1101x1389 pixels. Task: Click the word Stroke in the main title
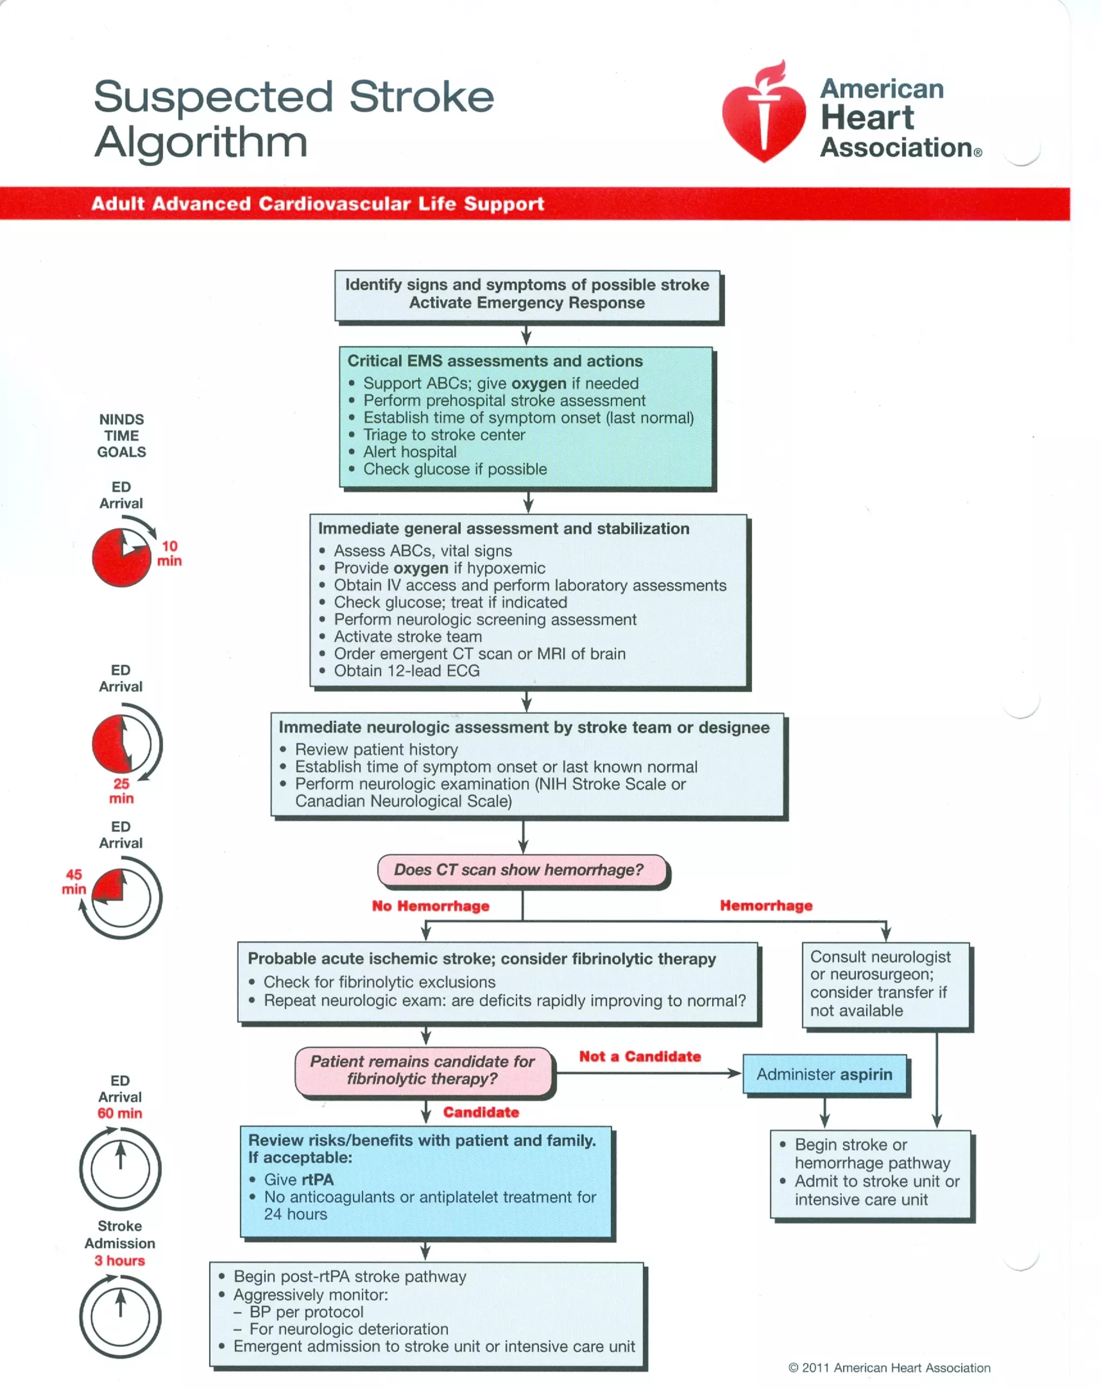click(421, 97)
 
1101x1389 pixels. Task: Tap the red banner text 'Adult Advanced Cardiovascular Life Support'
click(317, 204)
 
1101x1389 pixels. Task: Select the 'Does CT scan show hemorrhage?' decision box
click(522, 870)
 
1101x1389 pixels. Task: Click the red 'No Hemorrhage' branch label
click(431, 906)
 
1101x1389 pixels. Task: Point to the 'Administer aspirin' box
click(825, 1074)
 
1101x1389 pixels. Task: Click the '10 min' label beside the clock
click(169, 553)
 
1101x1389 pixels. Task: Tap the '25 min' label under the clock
click(121, 791)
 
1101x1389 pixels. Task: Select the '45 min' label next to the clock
click(74, 881)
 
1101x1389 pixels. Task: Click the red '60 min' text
click(120, 1113)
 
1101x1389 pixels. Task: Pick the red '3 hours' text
click(120, 1261)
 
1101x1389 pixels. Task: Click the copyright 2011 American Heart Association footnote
click(890, 1368)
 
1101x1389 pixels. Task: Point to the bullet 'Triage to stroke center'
click(444, 435)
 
